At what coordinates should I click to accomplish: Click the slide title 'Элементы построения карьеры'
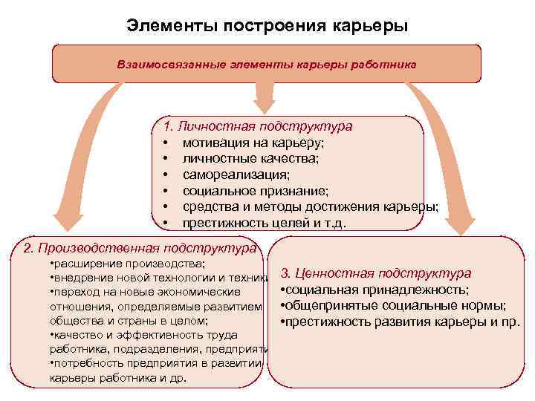click(x=267, y=26)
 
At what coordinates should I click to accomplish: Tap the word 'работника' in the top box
click(x=387, y=64)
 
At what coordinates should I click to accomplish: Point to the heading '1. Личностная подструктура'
click(x=258, y=126)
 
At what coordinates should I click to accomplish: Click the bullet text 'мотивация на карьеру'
click(x=253, y=143)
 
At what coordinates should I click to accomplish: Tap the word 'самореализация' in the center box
click(x=236, y=175)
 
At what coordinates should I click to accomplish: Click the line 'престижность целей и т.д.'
click(x=265, y=223)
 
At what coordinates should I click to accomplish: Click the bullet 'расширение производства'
click(x=127, y=264)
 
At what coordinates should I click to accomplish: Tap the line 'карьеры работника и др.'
click(x=117, y=377)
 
